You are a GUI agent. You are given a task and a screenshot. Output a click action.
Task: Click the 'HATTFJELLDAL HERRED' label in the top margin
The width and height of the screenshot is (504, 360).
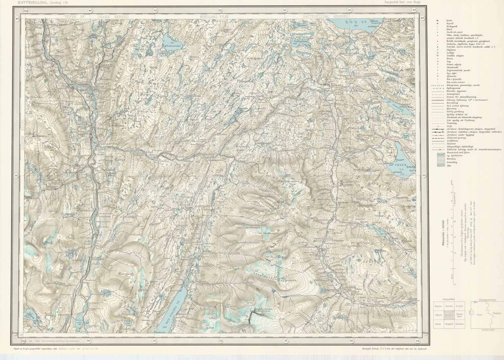pos(325,16)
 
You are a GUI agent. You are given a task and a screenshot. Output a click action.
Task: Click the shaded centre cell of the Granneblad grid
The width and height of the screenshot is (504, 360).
pos(450,315)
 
